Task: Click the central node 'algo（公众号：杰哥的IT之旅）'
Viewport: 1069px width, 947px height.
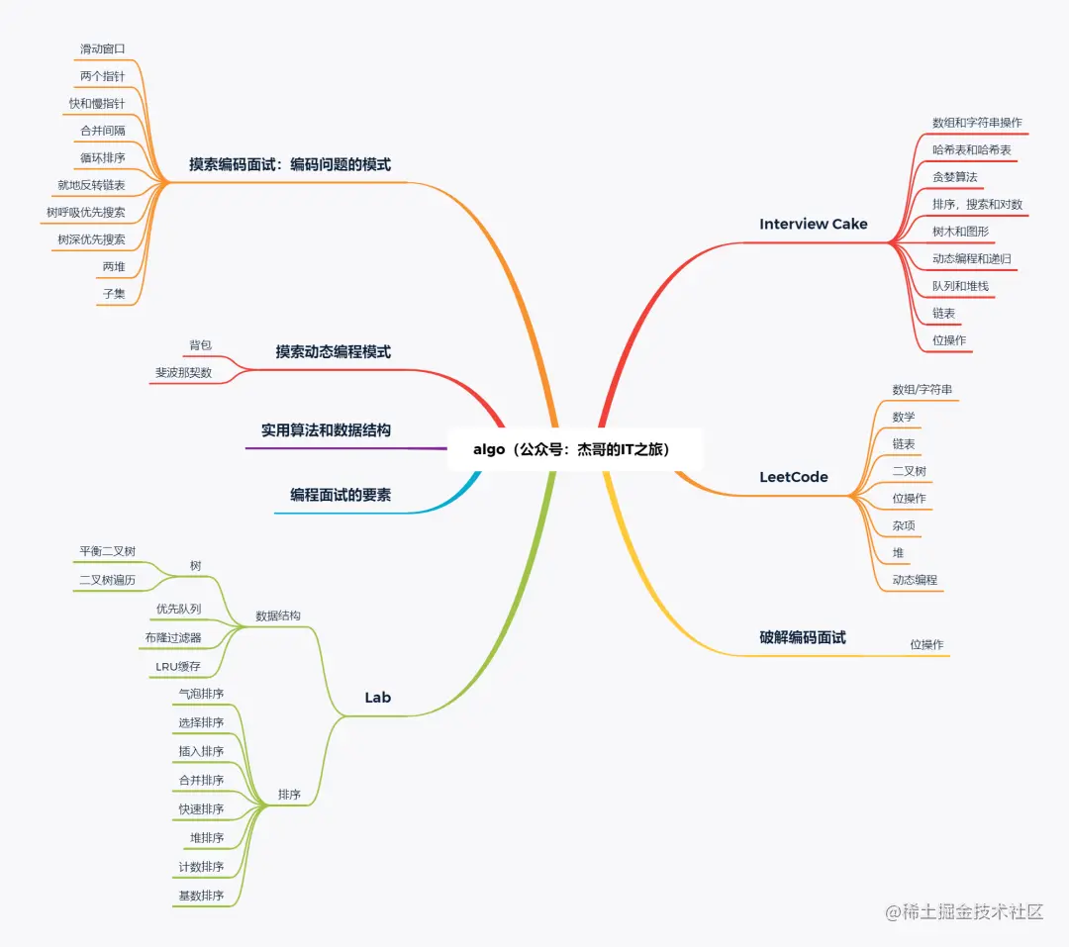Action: tap(571, 449)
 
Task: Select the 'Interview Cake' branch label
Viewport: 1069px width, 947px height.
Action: tap(814, 224)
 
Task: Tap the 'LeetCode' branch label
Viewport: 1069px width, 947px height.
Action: tap(794, 477)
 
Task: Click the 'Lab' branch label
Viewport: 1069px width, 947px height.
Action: tap(378, 697)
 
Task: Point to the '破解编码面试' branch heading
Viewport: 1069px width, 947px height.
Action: tap(803, 637)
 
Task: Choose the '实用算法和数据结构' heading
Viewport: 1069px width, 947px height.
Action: tap(326, 430)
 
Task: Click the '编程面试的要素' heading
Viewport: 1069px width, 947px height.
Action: tap(340, 495)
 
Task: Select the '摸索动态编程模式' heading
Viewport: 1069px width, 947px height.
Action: tap(334, 351)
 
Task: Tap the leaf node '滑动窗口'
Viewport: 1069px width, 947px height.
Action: tap(102, 48)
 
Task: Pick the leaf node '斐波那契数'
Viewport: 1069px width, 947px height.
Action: tap(183, 372)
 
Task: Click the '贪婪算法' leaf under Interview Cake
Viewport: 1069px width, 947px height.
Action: tap(954, 176)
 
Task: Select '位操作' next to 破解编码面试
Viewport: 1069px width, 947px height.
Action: tap(926, 644)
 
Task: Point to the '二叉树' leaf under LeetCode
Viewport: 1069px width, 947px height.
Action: tap(909, 471)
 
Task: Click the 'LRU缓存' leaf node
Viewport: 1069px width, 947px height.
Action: tap(178, 666)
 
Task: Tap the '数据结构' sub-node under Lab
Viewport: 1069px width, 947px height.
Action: tap(277, 616)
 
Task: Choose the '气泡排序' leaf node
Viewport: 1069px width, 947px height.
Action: tap(201, 694)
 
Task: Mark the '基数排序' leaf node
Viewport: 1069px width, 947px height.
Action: tap(201, 896)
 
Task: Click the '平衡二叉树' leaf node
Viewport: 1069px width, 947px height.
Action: tap(107, 551)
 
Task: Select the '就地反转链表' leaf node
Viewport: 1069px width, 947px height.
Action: tap(91, 185)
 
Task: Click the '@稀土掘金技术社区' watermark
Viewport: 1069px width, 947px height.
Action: tap(964, 911)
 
